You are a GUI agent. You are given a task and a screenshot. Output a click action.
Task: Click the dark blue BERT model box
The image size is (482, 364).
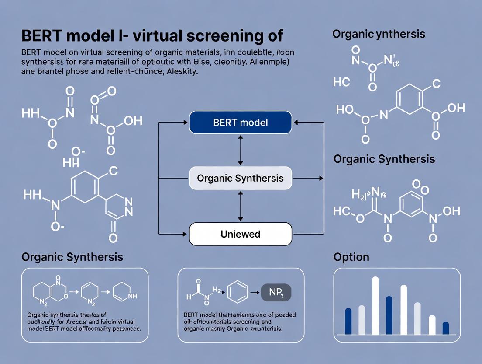(240, 122)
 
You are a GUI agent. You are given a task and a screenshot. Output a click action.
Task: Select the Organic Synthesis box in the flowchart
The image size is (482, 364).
(240, 178)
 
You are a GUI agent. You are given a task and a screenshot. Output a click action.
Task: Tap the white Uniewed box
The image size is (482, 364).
(240, 234)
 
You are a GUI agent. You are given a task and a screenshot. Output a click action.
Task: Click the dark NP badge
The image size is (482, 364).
(276, 293)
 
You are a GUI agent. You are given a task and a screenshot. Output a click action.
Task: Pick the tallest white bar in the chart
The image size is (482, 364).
(375, 305)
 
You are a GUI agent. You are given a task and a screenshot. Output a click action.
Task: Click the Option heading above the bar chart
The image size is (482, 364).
(351, 257)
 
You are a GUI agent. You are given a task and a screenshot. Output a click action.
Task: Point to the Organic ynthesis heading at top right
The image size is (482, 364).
(379, 34)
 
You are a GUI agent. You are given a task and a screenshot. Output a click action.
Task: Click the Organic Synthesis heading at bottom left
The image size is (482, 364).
(72, 257)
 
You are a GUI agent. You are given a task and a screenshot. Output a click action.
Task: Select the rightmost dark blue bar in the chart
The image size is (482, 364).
(445, 328)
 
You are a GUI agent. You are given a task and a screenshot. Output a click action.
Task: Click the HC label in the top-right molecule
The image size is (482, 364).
(341, 82)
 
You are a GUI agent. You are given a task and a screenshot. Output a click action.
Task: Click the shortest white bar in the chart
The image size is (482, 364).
(432, 325)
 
